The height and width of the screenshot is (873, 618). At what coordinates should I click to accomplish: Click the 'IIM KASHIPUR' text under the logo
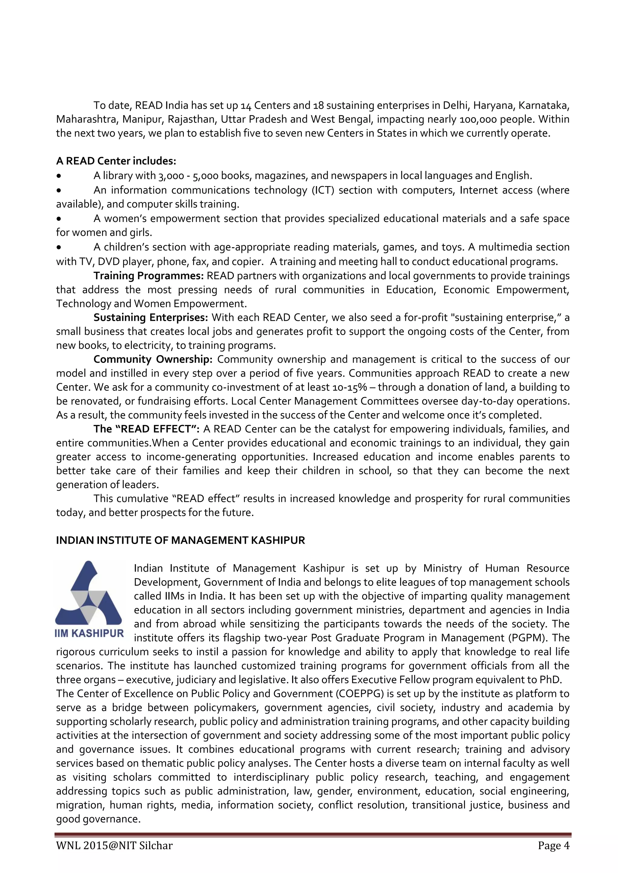tap(89, 633)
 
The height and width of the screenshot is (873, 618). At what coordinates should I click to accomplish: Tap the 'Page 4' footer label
tap(554, 845)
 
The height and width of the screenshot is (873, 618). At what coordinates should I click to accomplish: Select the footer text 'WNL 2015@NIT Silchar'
tap(114, 845)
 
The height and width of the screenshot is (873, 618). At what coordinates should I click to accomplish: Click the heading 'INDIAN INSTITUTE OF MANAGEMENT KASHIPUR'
tap(180, 540)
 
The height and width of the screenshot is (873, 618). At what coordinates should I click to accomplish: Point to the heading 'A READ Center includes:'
tap(116, 161)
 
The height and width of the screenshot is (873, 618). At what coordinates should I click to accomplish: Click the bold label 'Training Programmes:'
tap(149, 276)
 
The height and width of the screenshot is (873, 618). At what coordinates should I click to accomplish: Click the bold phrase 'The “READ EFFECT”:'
tap(147, 429)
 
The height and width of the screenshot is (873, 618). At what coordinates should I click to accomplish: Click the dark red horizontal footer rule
tap(312, 835)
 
